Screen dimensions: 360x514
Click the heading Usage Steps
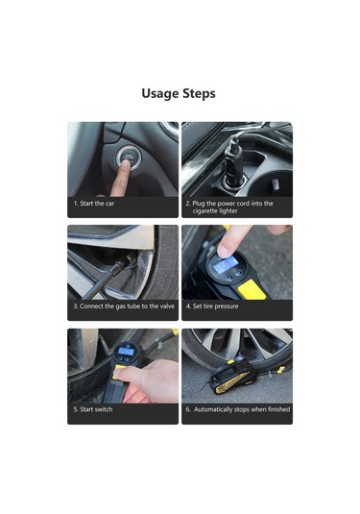coord(179,93)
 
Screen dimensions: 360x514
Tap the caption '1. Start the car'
coord(94,204)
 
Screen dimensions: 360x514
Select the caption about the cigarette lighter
coord(229,207)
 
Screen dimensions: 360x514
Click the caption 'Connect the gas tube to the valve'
coord(124,306)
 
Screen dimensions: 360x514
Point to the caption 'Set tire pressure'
coord(212,306)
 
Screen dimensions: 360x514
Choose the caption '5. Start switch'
coord(93,409)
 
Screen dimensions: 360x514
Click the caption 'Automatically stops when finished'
coord(238,409)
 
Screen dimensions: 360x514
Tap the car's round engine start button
coord(129,158)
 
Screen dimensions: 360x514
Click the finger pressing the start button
coord(121,179)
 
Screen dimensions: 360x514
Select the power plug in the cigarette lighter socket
coord(233,160)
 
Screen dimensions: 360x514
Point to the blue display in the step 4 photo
coord(225,265)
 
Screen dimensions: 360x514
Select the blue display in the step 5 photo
coord(127,351)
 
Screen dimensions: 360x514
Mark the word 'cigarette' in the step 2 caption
coord(204,210)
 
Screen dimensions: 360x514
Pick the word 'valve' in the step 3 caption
coord(167,306)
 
